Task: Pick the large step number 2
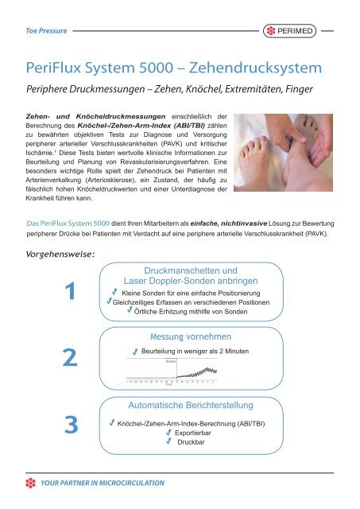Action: (x=72, y=360)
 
